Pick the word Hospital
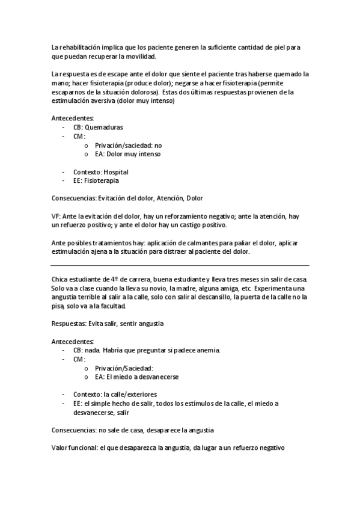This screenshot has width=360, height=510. pyautogui.click(x=115, y=171)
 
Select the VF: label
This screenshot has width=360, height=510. pyautogui.click(x=57, y=216)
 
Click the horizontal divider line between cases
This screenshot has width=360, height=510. pyautogui.click(x=180, y=265)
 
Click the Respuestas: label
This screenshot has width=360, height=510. pyautogui.click(x=69, y=324)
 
